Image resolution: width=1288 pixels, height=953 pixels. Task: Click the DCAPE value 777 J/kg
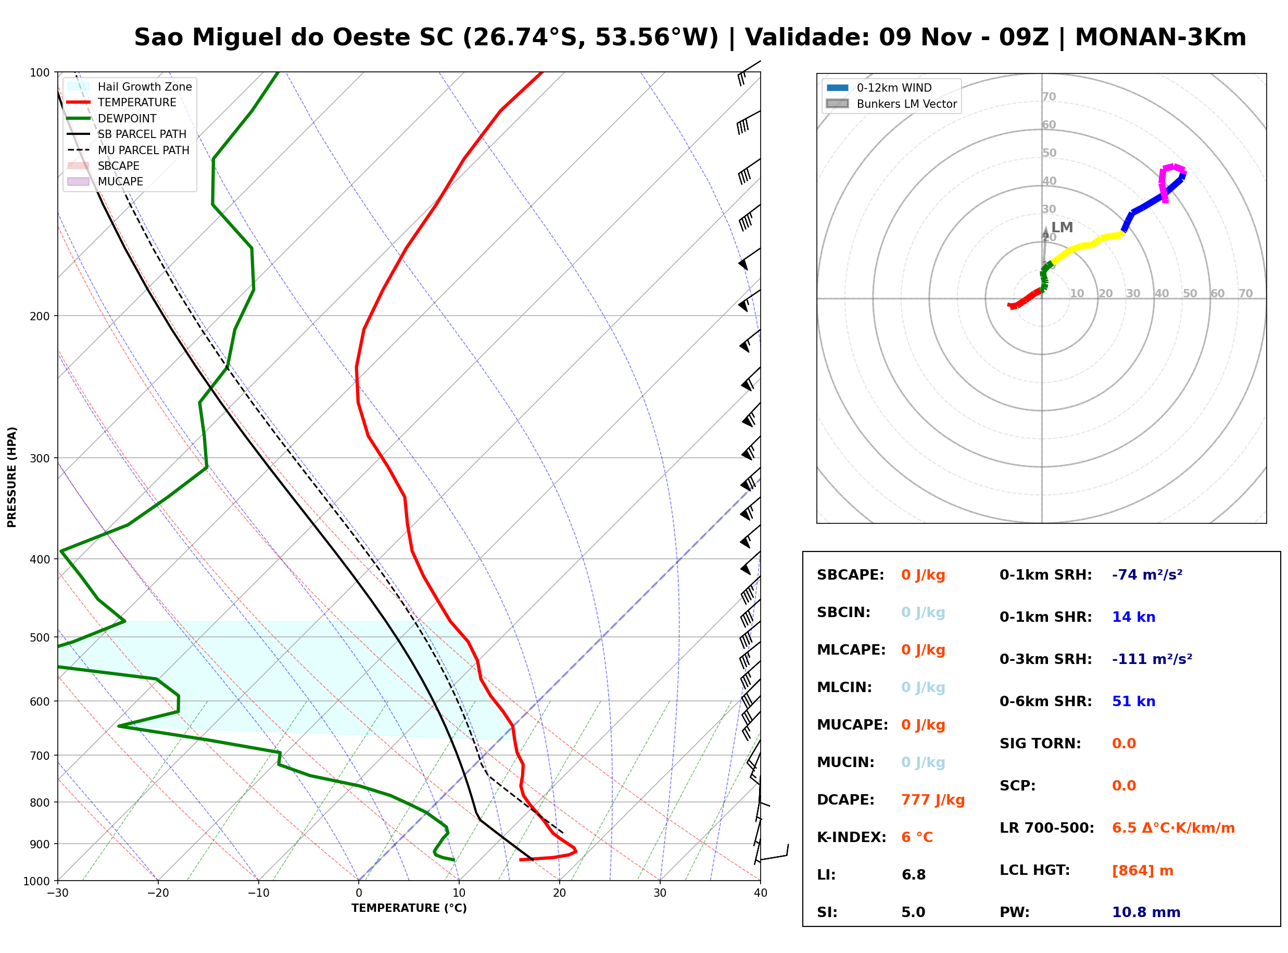coord(933,800)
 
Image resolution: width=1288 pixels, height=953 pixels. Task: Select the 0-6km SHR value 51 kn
coord(1133,701)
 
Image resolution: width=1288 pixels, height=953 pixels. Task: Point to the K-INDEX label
coord(852,837)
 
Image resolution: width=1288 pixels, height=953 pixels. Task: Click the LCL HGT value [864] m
coord(1143,871)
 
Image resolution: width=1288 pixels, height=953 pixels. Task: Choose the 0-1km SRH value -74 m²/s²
coord(1147,575)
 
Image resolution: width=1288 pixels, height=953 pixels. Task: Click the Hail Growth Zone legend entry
coord(130,86)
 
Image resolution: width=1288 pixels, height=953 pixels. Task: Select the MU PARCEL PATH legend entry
coord(129,150)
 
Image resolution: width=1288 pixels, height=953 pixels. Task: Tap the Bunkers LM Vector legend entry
coord(891,104)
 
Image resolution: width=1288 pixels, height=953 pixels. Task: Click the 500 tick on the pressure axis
coord(41,637)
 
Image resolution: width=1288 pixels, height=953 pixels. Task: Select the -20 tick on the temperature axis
coord(158,893)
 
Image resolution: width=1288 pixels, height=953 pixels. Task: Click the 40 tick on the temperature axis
coord(761,893)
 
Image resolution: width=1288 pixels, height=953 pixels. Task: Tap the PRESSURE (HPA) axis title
coord(12,477)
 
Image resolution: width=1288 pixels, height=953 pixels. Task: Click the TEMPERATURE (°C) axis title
coord(409,908)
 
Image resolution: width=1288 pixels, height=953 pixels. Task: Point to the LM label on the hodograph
coord(1062,227)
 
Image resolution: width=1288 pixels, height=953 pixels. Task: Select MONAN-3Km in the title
coord(1160,37)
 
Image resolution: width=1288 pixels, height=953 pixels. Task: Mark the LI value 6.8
coord(913,875)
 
